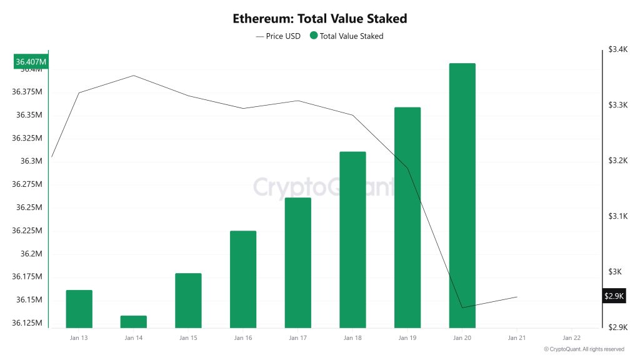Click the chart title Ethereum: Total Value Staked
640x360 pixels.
pos(319,18)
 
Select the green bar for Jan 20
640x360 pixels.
pos(462,195)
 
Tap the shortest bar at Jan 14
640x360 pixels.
pos(134,321)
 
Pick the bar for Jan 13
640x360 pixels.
pos(79,309)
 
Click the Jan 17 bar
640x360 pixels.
pos(297,262)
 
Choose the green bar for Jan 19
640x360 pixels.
pos(407,217)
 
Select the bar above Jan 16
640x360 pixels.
pos(243,279)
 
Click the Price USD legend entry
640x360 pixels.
pos(278,36)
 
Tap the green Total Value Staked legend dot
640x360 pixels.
pos(313,36)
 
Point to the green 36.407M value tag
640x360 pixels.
pos(31,62)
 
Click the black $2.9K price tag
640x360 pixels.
pos(614,296)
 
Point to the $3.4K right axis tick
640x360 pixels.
pos(617,49)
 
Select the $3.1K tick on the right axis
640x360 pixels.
pos(617,216)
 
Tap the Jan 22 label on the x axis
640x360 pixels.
pos(571,338)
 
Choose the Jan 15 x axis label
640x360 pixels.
pos(188,338)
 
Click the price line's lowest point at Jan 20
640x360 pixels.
pos(462,307)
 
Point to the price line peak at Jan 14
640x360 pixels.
pos(134,76)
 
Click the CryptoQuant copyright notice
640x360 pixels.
pos(584,349)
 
